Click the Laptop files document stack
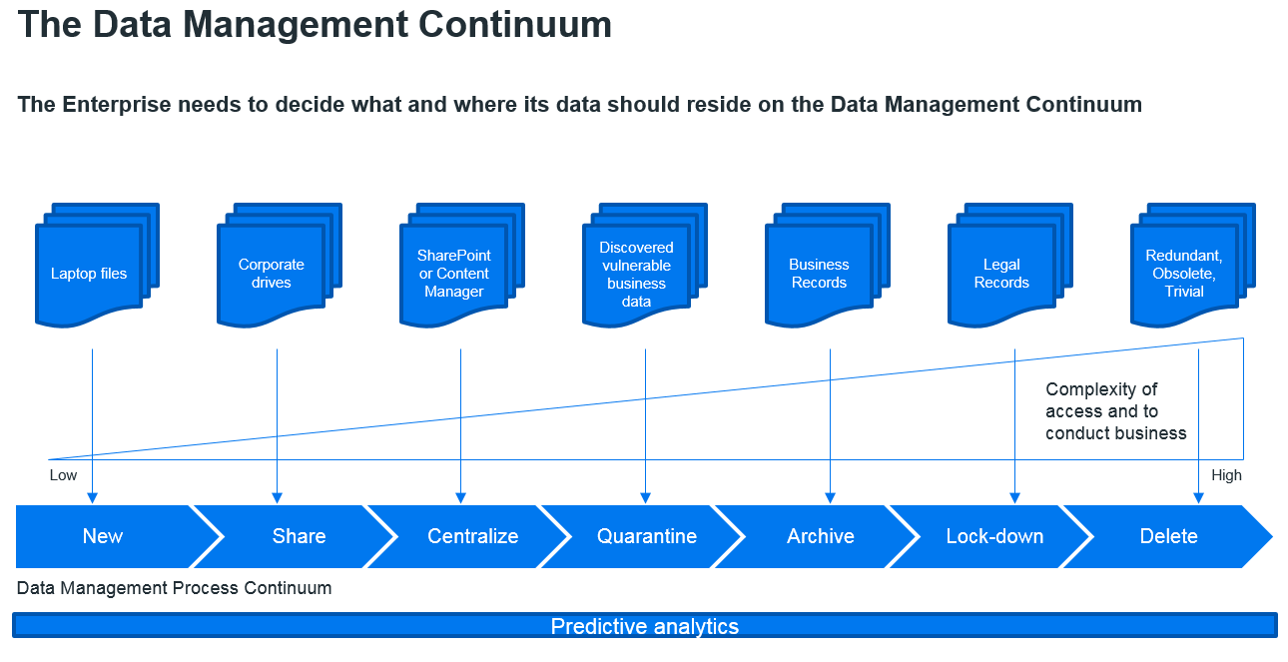(97, 266)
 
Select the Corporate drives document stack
(280, 266)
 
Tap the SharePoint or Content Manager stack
(462, 266)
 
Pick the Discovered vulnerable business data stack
(645, 266)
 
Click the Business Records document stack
(828, 266)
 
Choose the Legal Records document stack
(1010, 266)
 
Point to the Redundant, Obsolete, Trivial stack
(1193, 266)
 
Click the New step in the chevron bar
(104, 536)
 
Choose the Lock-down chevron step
(994, 536)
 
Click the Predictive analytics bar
(645, 626)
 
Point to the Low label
(63, 475)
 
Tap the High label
(1226, 475)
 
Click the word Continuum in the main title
(514, 25)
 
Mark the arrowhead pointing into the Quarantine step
(645, 498)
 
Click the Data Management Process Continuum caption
(174, 588)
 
